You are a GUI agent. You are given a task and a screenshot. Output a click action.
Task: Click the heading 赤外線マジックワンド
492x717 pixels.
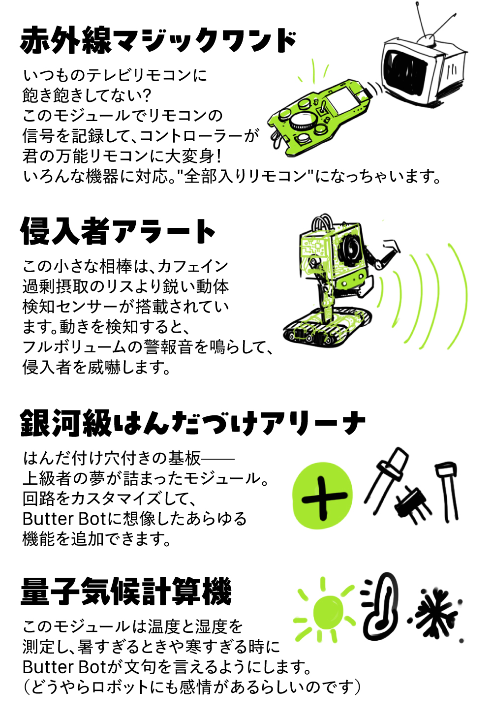coord(158,41)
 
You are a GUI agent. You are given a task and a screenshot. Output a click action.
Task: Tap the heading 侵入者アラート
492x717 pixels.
coord(118,231)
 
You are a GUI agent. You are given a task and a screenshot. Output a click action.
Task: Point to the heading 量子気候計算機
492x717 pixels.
coord(126,591)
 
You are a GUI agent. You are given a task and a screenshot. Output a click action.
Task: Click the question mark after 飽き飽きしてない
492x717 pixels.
coord(146,95)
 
